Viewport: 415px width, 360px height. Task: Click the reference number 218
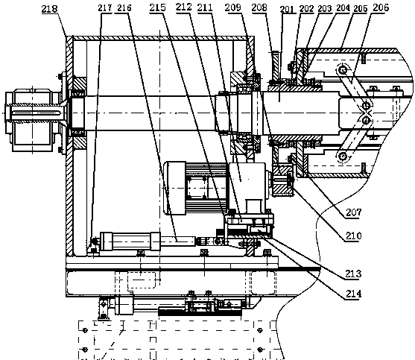tap(49, 9)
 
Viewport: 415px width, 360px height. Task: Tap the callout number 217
tap(105, 8)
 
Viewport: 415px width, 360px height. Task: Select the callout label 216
tap(124, 8)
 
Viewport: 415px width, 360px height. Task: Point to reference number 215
tap(157, 7)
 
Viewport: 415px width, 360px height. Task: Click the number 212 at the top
tap(184, 7)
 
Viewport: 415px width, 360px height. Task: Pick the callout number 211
tap(205, 7)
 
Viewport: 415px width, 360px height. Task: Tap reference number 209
tap(233, 7)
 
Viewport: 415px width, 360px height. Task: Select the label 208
tap(259, 7)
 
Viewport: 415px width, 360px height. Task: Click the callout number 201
tap(287, 10)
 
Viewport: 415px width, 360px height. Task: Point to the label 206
tap(381, 7)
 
